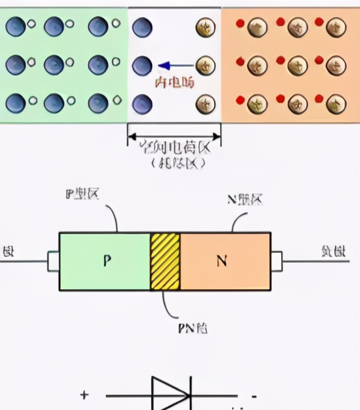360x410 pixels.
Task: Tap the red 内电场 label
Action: coord(175,82)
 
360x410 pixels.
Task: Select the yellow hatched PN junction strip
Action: coord(165,261)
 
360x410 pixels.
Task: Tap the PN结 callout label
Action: coord(193,328)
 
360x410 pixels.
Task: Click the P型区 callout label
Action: coord(82,194)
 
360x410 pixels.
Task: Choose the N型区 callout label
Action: coord(245,199)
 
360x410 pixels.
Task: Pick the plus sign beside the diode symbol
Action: coord(84,395)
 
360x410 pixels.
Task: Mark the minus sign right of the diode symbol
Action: coord(253,396)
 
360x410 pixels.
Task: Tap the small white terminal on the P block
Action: coord(53,261)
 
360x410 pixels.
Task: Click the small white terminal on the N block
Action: coord(276,261)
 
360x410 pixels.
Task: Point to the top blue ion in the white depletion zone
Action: coord(142,27)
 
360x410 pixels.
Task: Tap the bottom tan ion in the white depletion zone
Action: coord(206,104)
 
